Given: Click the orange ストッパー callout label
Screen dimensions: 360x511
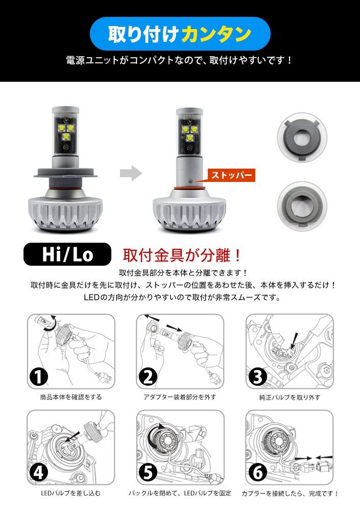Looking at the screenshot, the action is tap(231, 175).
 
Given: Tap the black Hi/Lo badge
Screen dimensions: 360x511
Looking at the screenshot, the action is tap(67, 254).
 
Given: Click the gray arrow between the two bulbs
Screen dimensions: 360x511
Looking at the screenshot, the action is tap(131, 173).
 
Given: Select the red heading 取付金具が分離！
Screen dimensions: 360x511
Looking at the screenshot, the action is tap(182, 255).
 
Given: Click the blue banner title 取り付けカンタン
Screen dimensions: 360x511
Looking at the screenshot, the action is tap(180, 34).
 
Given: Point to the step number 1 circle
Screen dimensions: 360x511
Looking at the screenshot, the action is tap(39, 377).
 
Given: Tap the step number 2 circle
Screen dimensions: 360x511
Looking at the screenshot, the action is tap(148, 377).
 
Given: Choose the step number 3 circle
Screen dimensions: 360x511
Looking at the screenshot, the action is tap(258, 377).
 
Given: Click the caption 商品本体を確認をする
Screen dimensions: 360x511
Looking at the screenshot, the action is tap(70, 397).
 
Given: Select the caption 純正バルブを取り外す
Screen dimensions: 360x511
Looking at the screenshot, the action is tap(290, 397).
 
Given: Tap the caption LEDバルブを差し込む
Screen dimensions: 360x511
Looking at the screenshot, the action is tap(70, 493).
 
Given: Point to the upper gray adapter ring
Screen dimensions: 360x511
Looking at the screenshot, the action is tap(302, 137).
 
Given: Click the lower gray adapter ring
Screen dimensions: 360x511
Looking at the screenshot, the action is tap(302, 206).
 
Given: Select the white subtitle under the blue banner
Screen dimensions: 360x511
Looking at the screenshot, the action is tap(180, 60).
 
